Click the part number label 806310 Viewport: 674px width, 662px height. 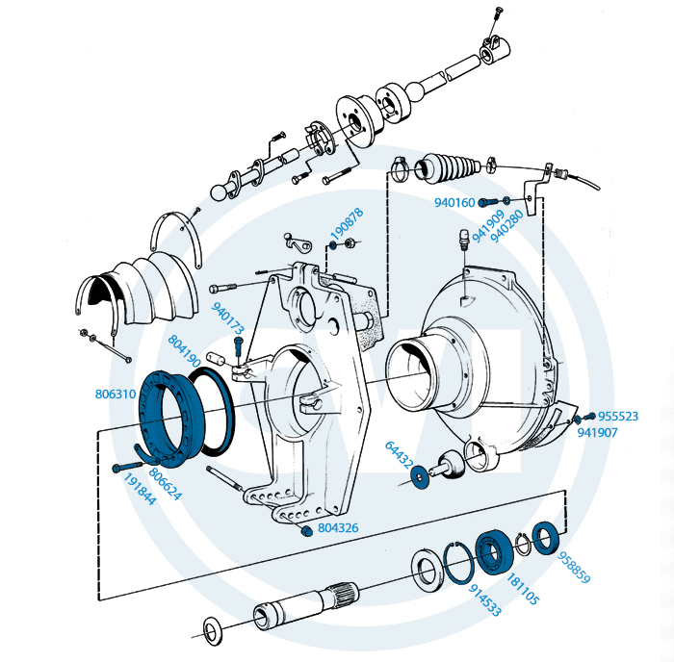(116, 395)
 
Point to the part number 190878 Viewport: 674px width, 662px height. (347, 225)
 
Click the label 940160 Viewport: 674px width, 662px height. (454, 203)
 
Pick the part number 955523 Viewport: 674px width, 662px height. (618, 417)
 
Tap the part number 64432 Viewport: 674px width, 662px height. (400, 455)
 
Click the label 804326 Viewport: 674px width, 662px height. (338, 528)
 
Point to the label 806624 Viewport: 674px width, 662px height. (166, 484)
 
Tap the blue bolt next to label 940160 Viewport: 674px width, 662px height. (486, 202)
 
